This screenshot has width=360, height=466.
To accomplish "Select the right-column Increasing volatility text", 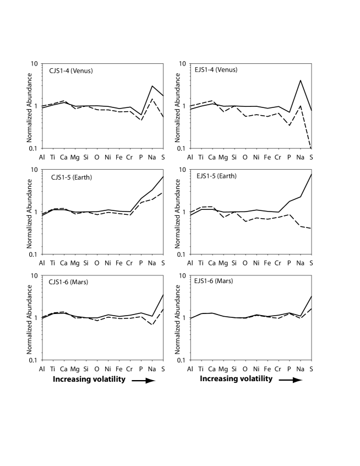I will [236, 380].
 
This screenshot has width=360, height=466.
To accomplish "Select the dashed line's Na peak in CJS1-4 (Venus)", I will [151, 99].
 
